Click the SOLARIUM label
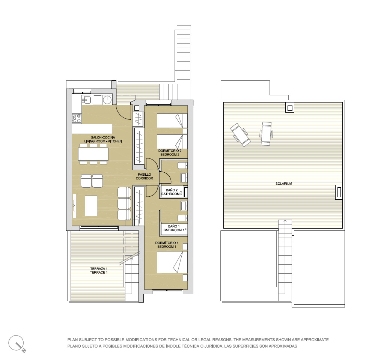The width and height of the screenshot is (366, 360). click(x=284, y=184)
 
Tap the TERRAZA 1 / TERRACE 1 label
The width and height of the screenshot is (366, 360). click(x=99, y=271)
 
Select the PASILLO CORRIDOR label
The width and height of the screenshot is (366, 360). click(x=145, y=176)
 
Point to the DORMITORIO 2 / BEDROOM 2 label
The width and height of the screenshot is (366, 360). click(x=170, y=153)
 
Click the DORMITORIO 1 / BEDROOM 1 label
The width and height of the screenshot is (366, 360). click(x=167, y=245)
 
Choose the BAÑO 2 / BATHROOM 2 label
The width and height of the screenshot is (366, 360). click(x=172, y=192)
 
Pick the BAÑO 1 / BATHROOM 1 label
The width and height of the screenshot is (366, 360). click(x=174, y=228)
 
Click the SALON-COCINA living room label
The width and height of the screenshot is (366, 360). click(x=103, y=139)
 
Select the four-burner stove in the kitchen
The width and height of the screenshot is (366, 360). click(x=77, y=118)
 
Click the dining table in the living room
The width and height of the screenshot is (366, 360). click(x=93, y=154)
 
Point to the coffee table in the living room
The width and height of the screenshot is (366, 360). click(x=91, y=206)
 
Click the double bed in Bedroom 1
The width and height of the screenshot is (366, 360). click(x=172, y=262)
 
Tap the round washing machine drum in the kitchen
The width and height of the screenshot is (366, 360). click(x=107, y=100)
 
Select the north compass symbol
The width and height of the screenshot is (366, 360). click(x=17, y=343)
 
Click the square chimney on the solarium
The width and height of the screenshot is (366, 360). click(x=290, y=108)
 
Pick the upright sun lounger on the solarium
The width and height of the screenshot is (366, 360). click(x=266, y=134)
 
